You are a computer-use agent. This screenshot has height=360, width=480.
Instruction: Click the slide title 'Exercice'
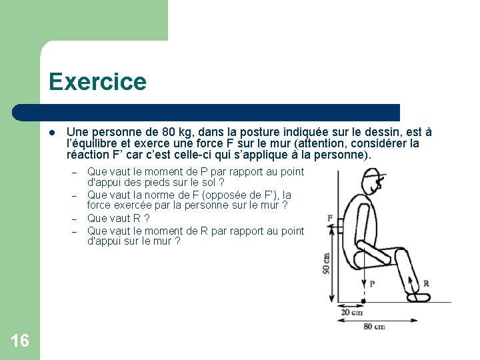click(x=97, y=82)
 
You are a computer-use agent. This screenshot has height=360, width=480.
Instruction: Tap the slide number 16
click(x=20, y=341)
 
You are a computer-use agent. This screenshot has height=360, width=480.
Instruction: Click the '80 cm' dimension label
click(x=375, y=326)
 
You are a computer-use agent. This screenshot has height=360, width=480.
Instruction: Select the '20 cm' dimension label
click(x=351, y=311)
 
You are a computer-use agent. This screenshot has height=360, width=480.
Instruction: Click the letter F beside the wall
click(x=331, y=218)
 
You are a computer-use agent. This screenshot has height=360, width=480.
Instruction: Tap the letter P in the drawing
click(x=371, y=283)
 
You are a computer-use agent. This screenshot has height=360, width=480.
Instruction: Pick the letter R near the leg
click(x=426, y=283)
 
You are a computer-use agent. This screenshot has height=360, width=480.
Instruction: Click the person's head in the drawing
click(x=372, y=183)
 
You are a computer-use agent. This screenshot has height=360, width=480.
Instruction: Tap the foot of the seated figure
click(x=419, y=297)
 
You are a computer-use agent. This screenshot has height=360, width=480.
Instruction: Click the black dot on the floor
click(x=363, y=301)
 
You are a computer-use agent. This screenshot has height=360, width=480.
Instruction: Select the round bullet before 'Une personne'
click(x=52, y=133)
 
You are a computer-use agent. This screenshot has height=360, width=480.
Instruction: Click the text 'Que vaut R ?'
click(x=118, y=218)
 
